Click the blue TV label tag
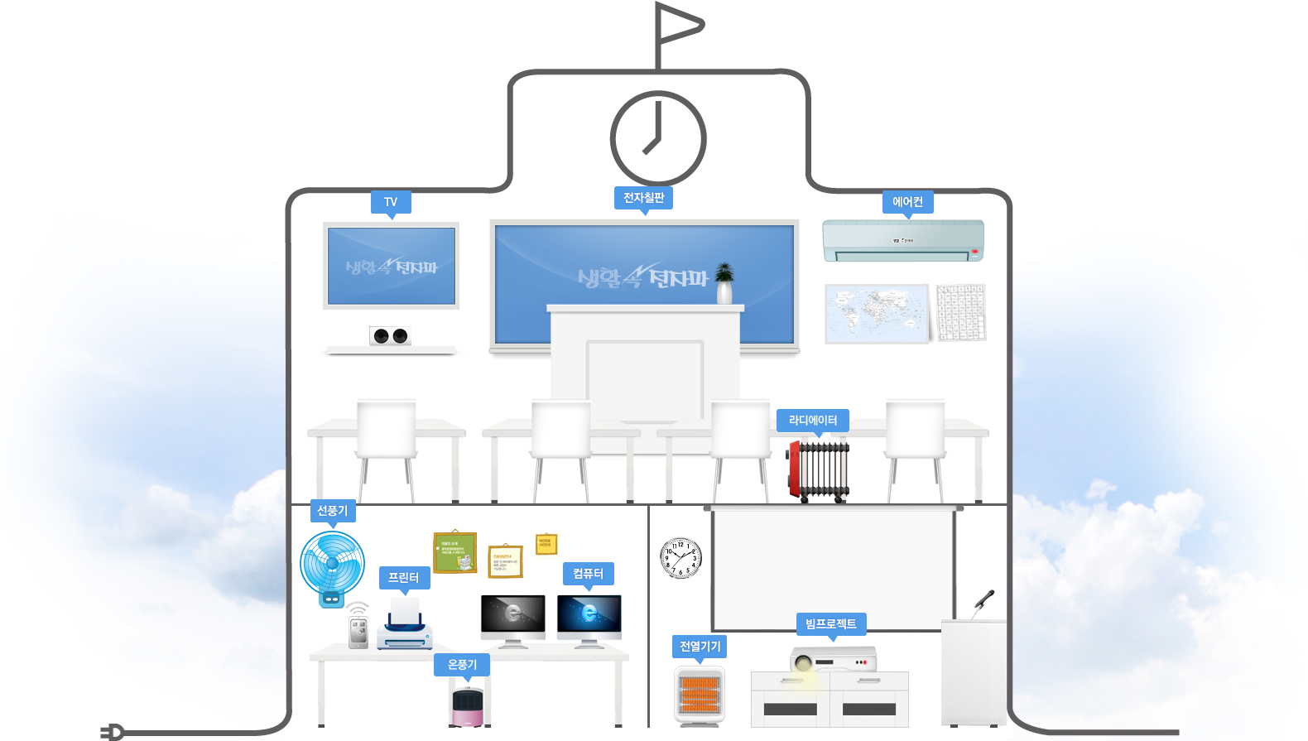coord(391,202)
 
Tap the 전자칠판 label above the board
coord(643,198)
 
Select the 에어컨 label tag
coord(907,202)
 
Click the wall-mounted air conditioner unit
coord(903,240)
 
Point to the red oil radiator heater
coord(818,471)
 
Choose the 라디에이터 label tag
coord(813,421)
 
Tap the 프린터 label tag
coord(404,578)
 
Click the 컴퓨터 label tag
coord(588,574)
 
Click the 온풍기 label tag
coord(462,665)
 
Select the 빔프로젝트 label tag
coord(830,624)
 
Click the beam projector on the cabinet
coord(833,660)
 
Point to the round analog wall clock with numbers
coord(681,558)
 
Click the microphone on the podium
coord(983,600)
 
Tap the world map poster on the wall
coord(877,314)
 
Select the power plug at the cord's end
coord(113,732)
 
